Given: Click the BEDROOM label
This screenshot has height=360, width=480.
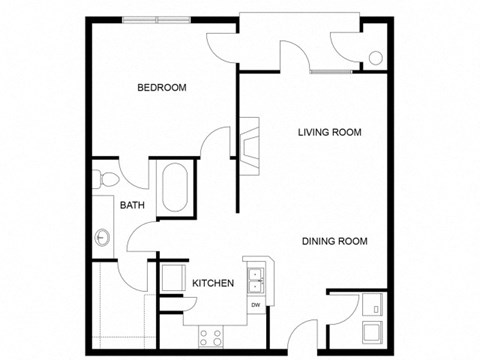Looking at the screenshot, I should [162, 88].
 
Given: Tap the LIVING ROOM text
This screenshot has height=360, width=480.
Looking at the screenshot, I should [329, 132].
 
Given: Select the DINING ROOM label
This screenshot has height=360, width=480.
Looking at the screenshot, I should [335, 241].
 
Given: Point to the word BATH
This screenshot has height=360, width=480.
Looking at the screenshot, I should [132, 206].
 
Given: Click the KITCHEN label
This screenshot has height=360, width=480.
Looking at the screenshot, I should [213, 284].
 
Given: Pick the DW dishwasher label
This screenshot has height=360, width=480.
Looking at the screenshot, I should [256, 304].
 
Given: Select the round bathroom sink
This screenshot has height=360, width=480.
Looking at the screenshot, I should [103, 238].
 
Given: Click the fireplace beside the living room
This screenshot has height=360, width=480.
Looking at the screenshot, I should [248, 139].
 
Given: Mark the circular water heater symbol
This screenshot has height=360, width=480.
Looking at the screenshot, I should [375, 57].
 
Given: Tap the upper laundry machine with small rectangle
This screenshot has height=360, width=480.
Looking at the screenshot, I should [372, 304].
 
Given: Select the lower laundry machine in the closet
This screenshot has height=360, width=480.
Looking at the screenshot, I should [372, 333].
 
